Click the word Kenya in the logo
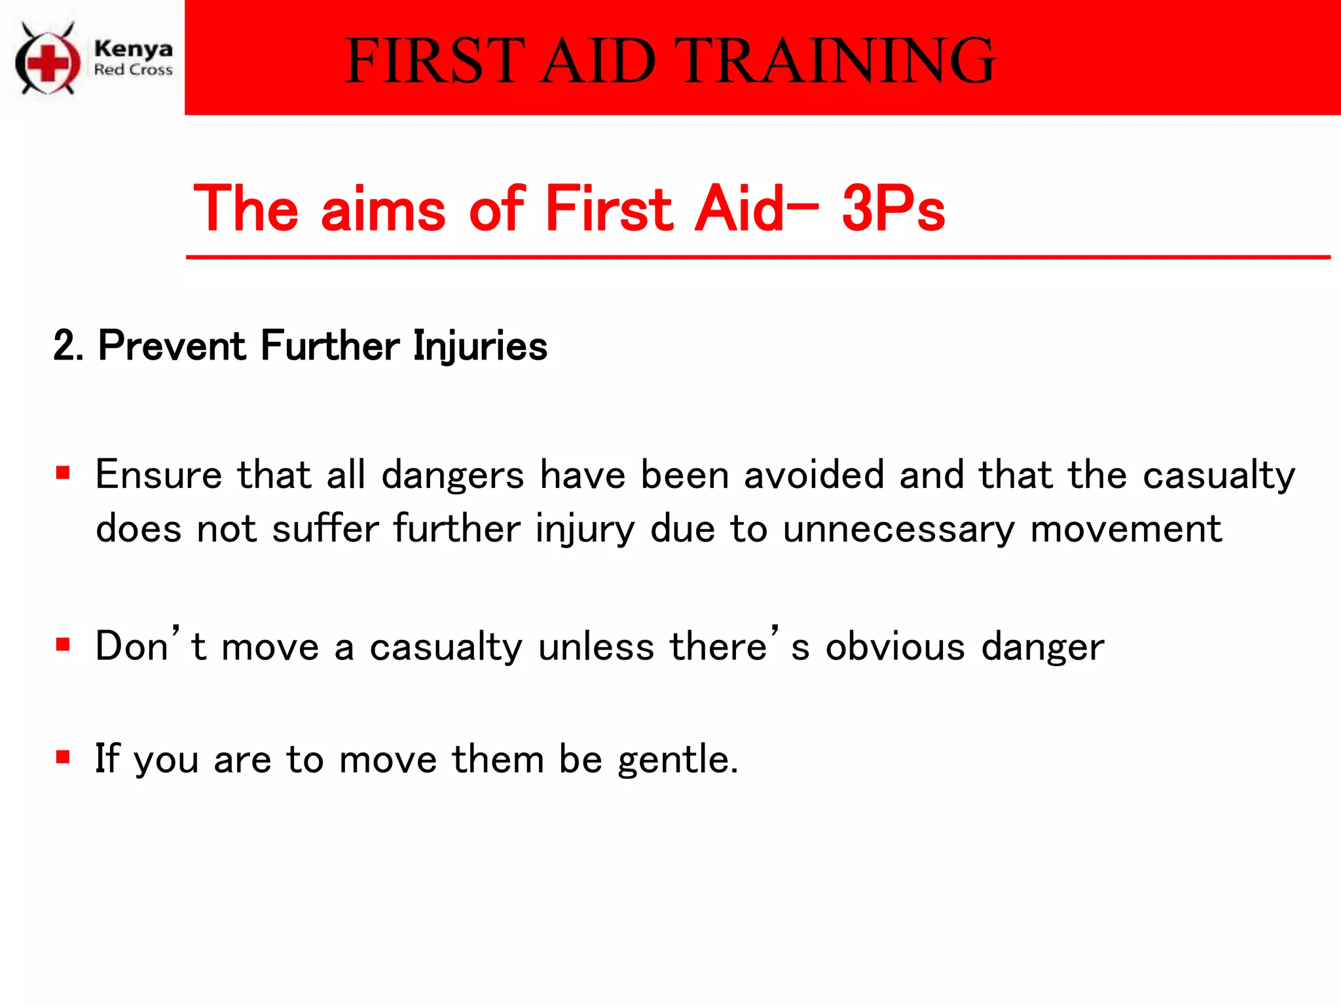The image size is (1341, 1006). tap(134, 49)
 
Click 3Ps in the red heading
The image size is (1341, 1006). tap(893, 209)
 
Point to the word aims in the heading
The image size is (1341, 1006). tap(384, 209)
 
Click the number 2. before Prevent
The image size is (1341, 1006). tap(67, 346)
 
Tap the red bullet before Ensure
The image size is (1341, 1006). tap(63, 473)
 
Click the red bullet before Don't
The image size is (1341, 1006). tap(63, 644)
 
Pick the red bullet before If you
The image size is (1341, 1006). tap(63, 758)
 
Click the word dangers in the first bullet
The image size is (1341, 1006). tap(452, 475)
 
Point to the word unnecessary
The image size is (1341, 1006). tap(898, 529)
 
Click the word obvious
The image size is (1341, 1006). tap(895, 647)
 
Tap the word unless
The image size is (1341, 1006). tap(596, 647)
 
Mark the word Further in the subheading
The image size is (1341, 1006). tap(330, 346)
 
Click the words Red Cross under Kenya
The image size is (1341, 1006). tap(134, 70)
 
